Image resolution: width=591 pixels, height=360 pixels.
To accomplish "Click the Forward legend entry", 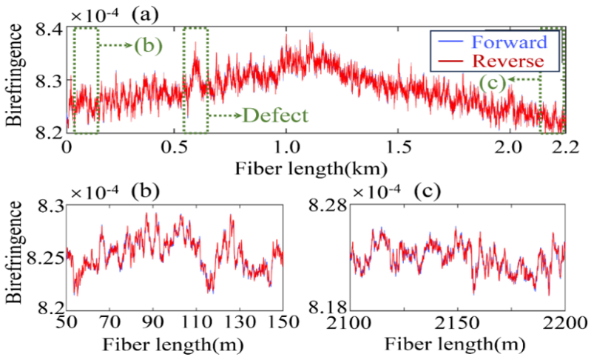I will [511, 41].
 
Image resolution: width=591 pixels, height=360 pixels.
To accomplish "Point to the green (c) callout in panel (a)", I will [492, 83].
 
